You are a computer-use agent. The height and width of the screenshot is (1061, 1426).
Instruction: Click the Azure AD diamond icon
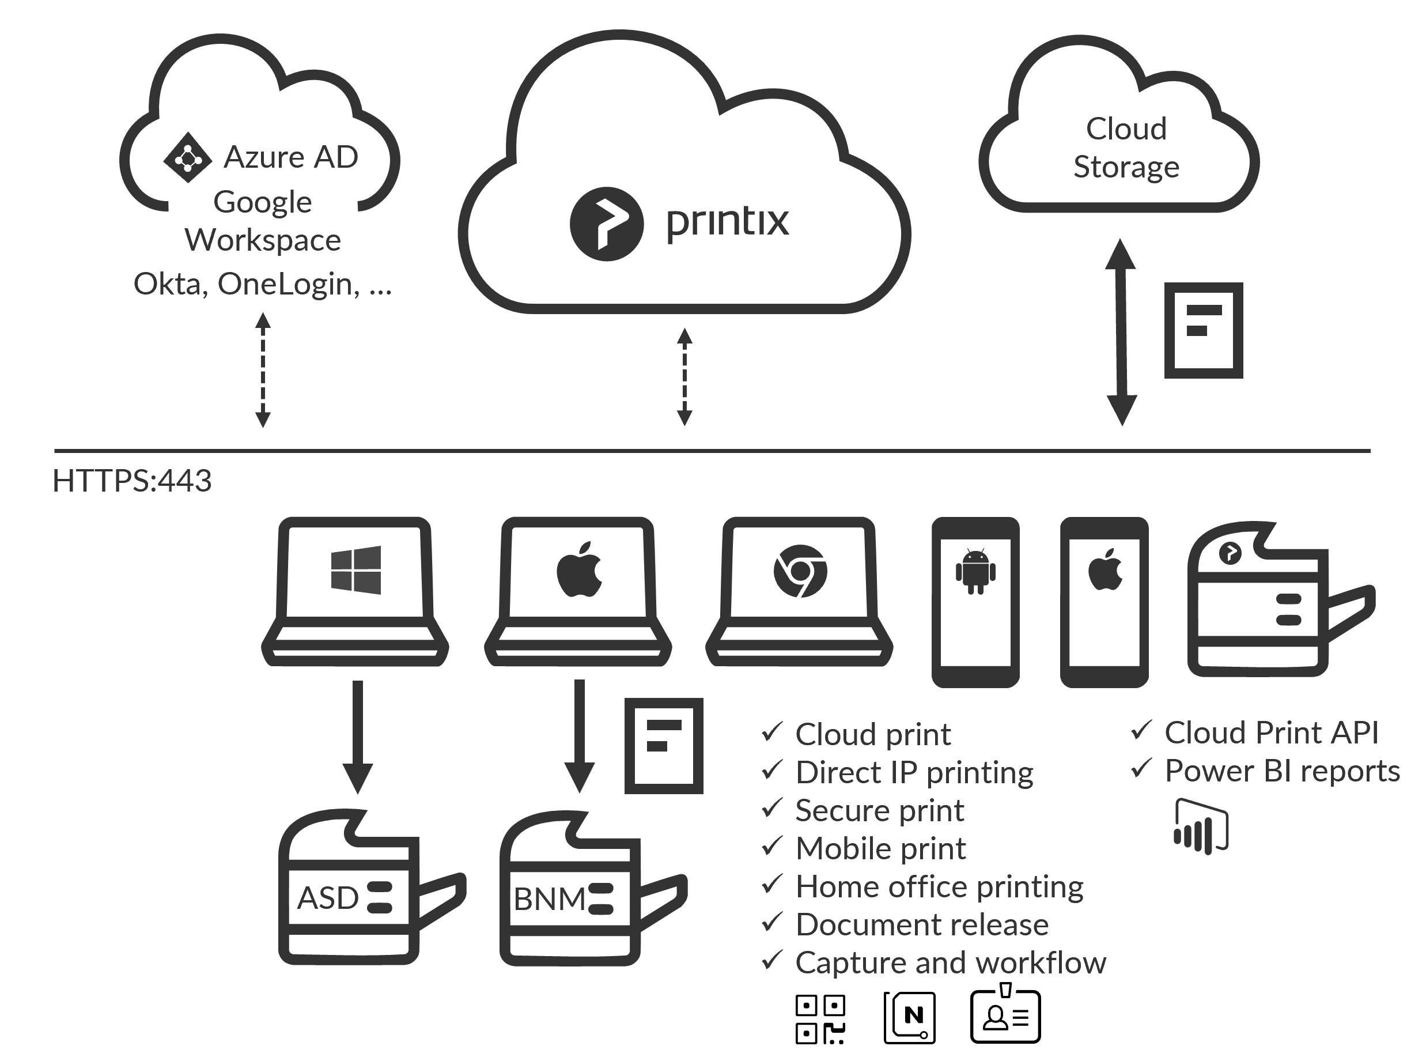click(187, 157)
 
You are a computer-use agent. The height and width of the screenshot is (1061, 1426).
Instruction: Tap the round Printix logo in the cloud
click(606, 224)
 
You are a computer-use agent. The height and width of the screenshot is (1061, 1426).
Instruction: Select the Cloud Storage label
click(1126, 148)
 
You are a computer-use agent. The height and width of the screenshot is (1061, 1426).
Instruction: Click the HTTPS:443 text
click(131, 481)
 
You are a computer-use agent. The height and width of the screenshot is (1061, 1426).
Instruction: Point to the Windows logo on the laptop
click(355, 571)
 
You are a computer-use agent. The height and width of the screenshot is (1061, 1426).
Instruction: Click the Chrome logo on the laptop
click(800, 571)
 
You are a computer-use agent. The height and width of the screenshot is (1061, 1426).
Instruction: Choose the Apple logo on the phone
click(1105, 571)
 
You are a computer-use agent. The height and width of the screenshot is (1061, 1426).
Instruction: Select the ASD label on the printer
click(327, 898)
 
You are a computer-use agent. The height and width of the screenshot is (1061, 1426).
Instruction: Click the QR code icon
click(820, 1020)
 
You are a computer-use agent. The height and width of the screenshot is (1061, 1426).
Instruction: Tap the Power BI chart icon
click(1201, 826)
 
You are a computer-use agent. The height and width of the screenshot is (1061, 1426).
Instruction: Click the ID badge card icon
click(1005, 1016)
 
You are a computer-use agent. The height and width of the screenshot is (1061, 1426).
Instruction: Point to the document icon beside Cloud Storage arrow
click(1204, 330)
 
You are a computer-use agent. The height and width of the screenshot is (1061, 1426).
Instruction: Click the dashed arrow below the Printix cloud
click(684, 377)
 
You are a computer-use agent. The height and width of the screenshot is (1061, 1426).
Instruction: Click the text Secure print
click(880, 810)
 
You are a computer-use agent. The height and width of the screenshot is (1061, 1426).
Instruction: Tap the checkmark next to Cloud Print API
click(1141, 730)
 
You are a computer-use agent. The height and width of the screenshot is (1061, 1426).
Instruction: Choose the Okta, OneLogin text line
click(263, 284)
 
